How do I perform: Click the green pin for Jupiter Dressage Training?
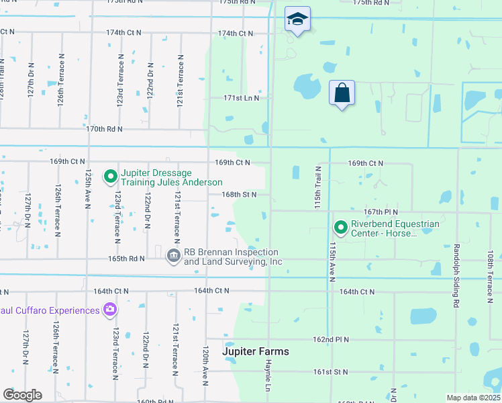pos(110,177)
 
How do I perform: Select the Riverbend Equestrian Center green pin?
pos(340,228)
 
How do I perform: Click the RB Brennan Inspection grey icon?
pos(174,256)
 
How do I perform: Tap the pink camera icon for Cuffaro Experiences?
pos(109,310)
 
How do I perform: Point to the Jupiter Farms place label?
pos(256,351)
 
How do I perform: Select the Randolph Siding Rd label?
pos(456,265)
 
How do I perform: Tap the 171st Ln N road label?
pos(241,98)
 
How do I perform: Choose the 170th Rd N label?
pos(105,128)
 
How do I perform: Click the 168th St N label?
pos(240,194)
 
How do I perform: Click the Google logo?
pos(23,394)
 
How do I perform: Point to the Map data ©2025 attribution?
pos(472,398)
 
